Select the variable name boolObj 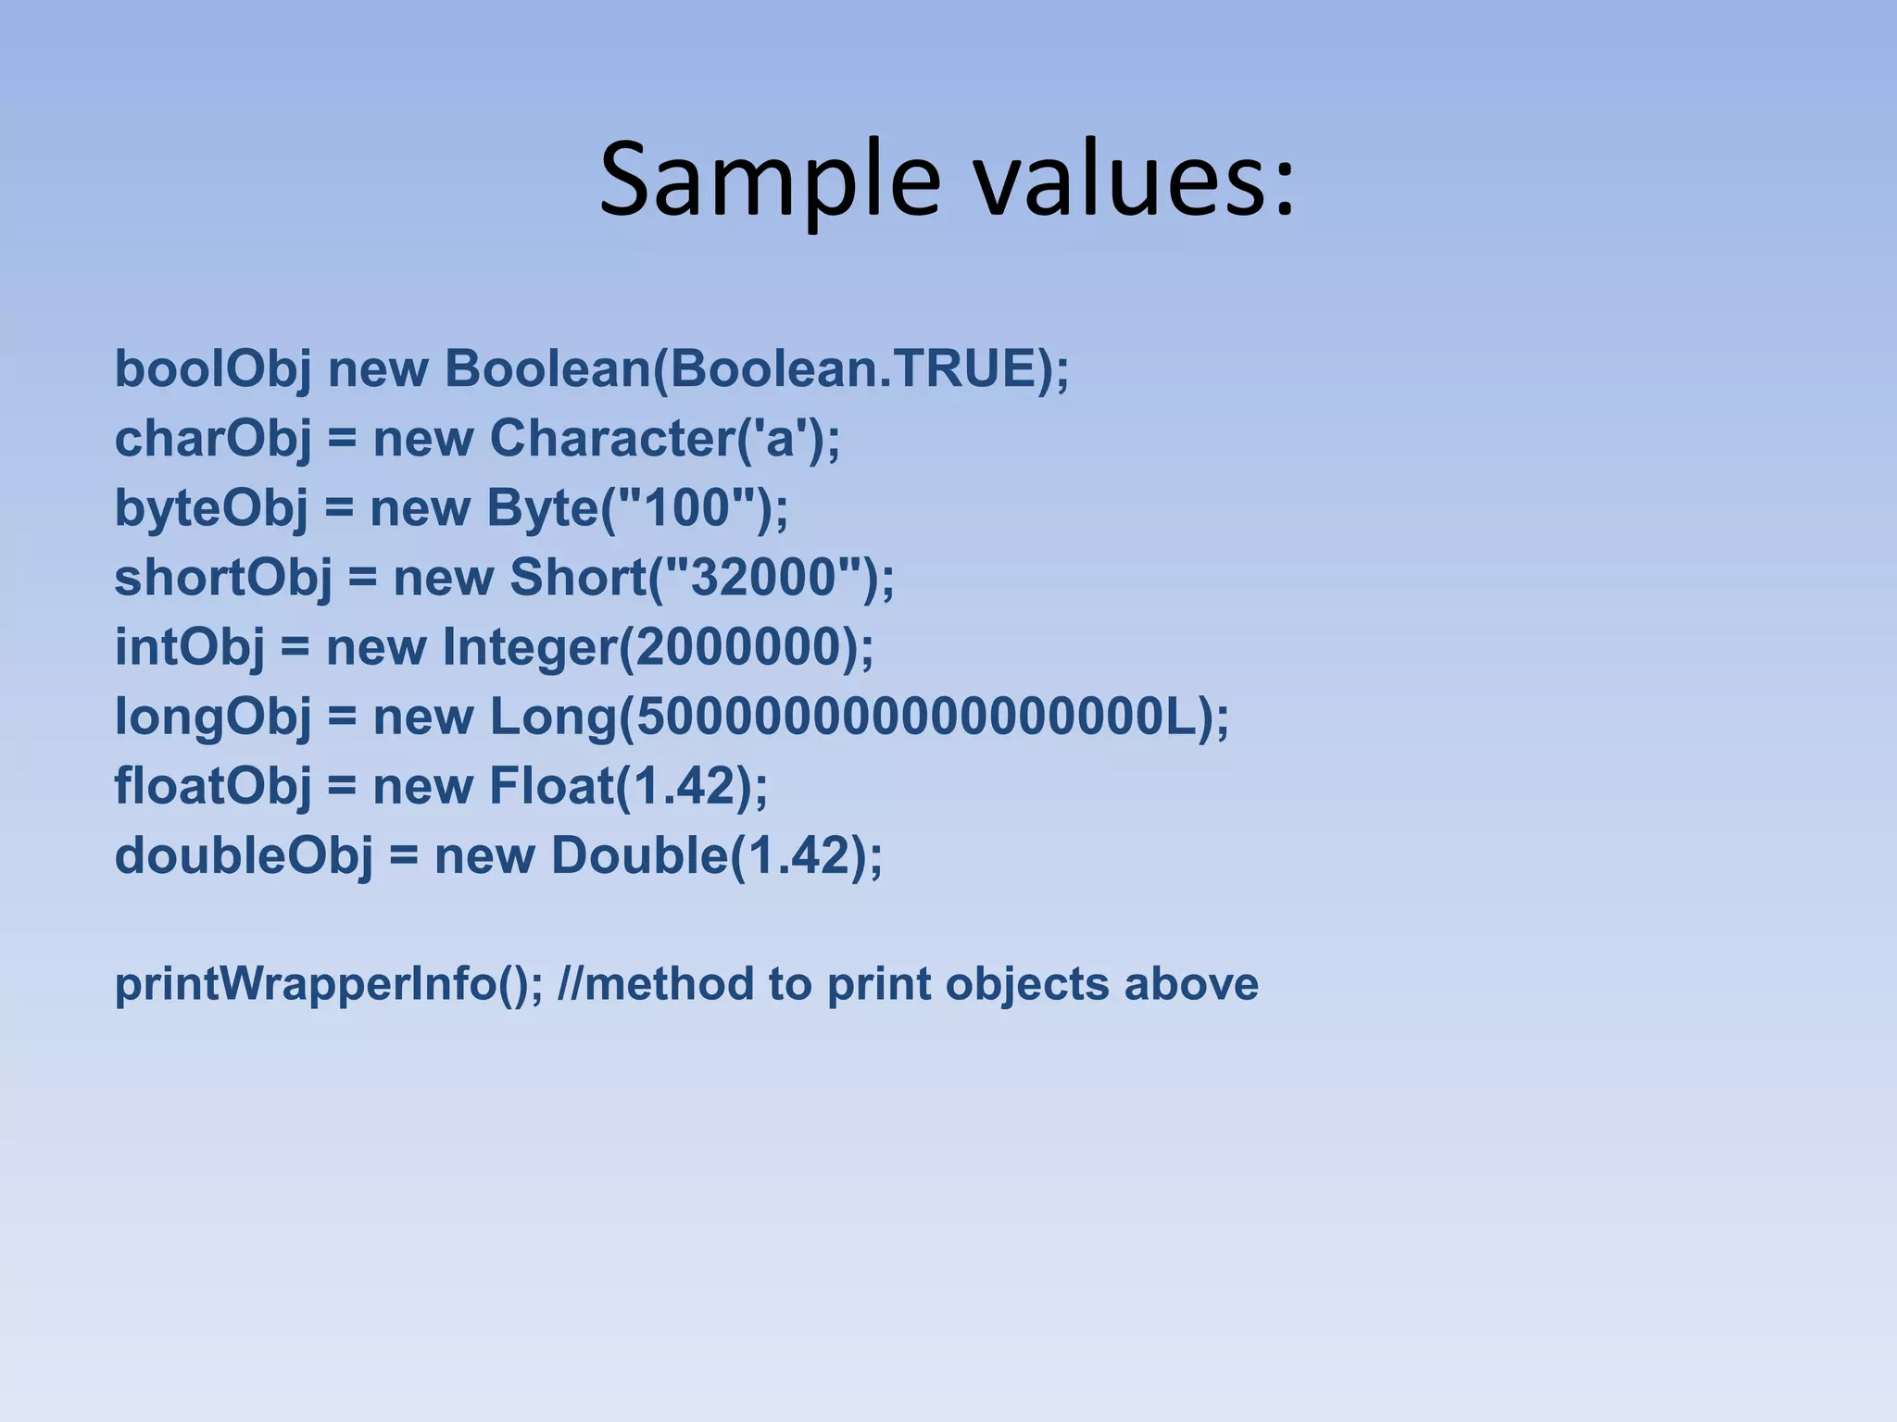[x=212, y=370]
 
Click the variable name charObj [x=212, y=440]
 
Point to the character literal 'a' [x=780, y=438]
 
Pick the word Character [x=611, y=438]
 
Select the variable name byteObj [x=210, y=509]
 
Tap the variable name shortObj [x=222, y=579]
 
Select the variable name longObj [x=212, y=717]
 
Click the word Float [x=552, y=786]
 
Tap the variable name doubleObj [x=243, y=855]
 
